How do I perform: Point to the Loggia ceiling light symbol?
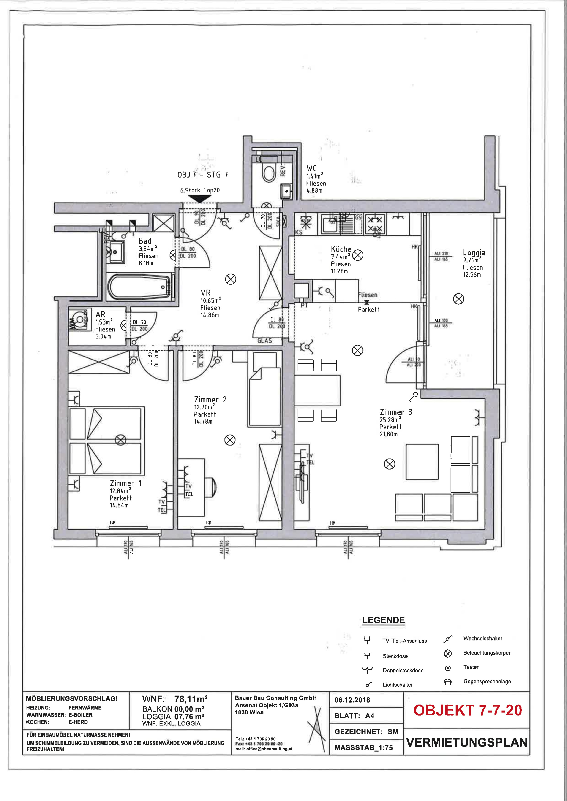tap(458, 299)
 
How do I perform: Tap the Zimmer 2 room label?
tap(210, 399)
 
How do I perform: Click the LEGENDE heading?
tap(383, 620)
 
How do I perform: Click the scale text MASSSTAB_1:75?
tap(363, 748)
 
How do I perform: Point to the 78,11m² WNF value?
tap(191, 699)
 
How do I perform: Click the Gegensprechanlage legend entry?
tap(487, 681)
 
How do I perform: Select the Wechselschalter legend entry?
tap(482, 639)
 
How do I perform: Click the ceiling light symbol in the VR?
tap(230, 279)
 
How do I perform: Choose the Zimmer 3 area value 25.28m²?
tap(390, 420)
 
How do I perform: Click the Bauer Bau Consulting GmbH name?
tap(275, 698)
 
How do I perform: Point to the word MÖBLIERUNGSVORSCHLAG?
tap(72, 699)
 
